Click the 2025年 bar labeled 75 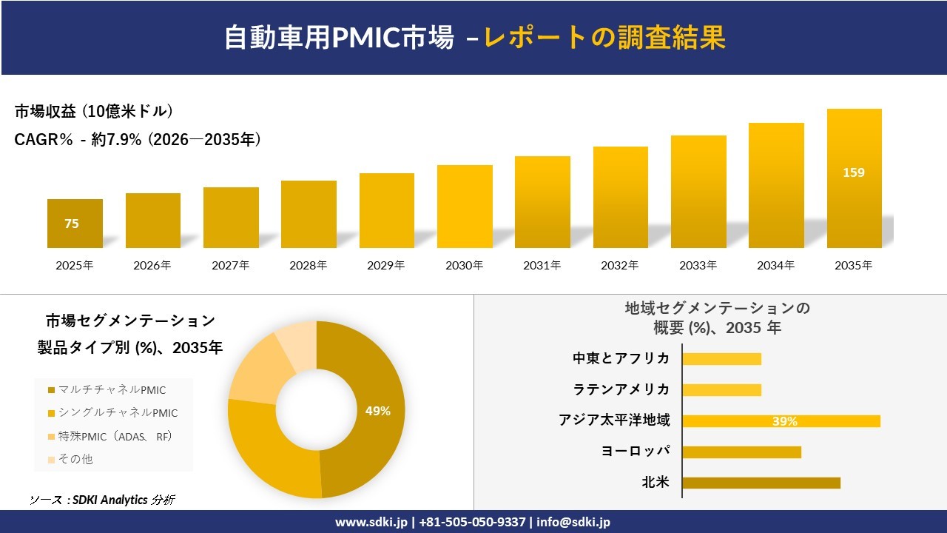(75, 224)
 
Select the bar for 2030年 (465, 207)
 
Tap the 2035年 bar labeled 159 (854, 178)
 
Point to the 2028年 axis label (309, 265)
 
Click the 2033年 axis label (698, 265)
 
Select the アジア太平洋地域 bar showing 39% (781, 421)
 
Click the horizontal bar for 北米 (761, 483)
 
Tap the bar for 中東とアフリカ (721, 359)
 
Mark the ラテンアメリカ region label (621, 389)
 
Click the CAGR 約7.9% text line (138, 140)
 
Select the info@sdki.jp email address (573, 522)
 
